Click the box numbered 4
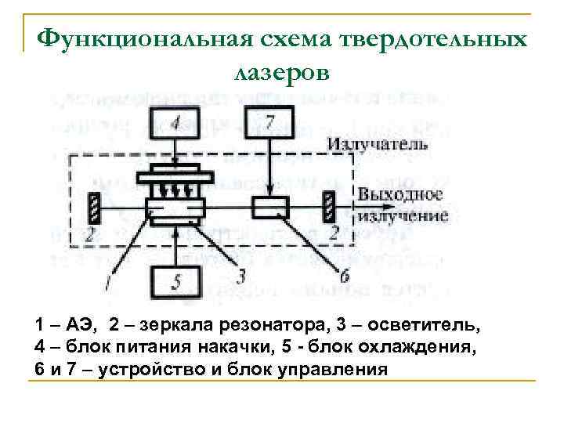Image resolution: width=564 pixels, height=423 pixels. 176,124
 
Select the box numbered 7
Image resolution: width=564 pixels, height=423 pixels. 269,124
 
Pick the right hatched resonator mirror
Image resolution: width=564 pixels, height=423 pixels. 331,208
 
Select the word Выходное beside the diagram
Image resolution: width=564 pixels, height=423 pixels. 400,194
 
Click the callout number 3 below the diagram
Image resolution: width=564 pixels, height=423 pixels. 240,275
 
